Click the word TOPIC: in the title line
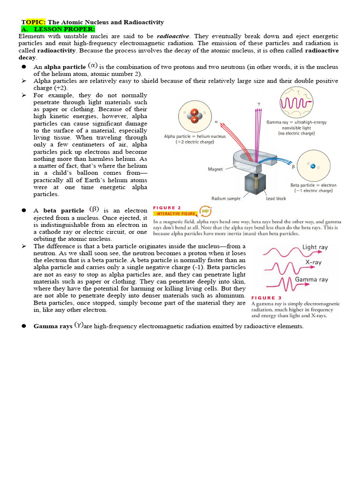click(33, 22)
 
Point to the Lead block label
click(276, 198)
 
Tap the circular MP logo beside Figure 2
click(205, 210)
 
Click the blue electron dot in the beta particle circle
click(313, 165)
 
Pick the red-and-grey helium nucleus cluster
click(194, 115)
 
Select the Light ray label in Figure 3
click(315, 247)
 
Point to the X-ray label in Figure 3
click(313, 262)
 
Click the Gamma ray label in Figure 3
click(311, 280)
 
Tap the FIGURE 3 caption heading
click(266, 298)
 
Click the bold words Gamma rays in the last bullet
click(53, 326)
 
